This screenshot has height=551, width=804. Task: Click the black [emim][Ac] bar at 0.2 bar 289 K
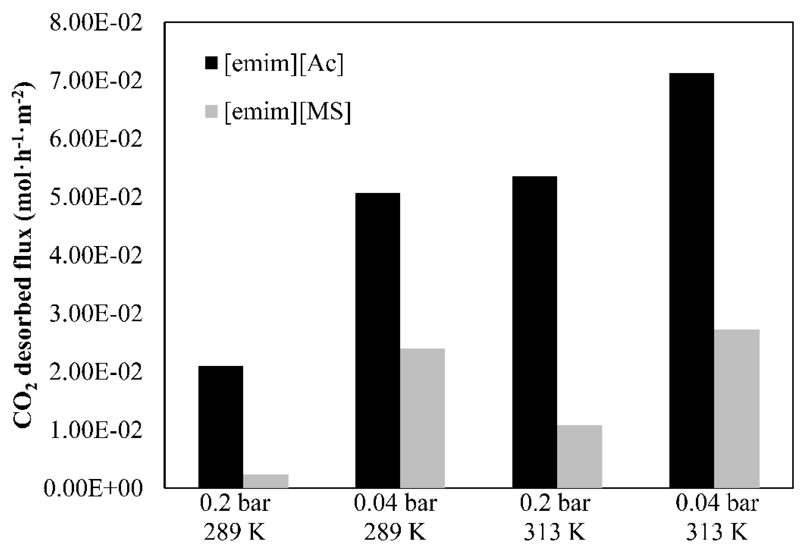[x=220, y=427]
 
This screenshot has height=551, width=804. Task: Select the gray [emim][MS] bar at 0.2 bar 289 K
[x=266, y=481]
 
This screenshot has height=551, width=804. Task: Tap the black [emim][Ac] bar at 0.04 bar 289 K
[x=378, y=340]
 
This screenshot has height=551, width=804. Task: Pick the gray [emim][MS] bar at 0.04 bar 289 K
[x=422, y=418]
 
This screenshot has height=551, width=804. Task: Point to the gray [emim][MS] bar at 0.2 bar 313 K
[x=579, y=456]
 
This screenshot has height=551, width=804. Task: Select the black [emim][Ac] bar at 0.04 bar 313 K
[x=692, y=280]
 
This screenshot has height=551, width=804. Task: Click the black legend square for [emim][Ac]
[x=211, y=63]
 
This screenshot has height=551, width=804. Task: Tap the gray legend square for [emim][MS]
[x=211, y=112]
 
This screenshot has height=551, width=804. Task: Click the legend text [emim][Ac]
[x=284, y=64]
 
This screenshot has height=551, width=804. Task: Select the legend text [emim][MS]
[x=287, y=112]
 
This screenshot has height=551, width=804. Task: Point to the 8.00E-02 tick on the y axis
[x=96, y=24]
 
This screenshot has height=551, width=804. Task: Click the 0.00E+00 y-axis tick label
[x=93, y=488]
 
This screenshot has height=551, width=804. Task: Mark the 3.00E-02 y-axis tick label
[x=96, y=314]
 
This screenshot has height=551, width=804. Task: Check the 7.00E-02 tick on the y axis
[x=96, y=82]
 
